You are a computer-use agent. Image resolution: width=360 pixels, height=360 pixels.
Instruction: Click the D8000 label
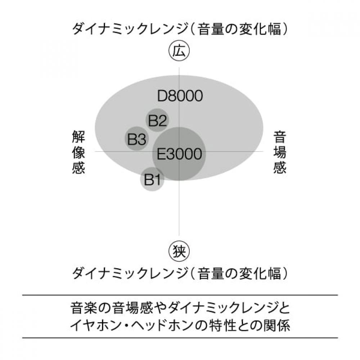(180, 96)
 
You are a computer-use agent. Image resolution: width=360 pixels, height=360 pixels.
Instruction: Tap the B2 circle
(157, 120)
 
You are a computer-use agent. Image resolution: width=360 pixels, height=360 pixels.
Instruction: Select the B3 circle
(136, 139)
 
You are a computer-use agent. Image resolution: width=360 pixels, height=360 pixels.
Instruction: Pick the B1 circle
(152, 179)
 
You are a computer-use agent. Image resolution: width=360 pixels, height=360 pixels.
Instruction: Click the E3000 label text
(179, 154)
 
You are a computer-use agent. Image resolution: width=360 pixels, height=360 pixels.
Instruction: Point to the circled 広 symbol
(179, 51)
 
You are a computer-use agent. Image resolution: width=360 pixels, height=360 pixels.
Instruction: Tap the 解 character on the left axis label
(78, 137)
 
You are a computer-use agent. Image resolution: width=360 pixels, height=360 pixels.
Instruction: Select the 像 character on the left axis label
(78, 152)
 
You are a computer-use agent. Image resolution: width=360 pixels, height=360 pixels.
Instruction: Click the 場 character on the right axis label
(280, 152)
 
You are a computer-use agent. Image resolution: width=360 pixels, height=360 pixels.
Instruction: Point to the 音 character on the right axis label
(280, 137)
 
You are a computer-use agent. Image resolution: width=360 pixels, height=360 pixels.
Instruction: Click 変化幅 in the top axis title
(260, 30)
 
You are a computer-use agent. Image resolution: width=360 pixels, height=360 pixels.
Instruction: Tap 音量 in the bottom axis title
(211, 274)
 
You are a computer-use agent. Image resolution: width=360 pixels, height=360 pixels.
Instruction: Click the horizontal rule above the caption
(180, 295)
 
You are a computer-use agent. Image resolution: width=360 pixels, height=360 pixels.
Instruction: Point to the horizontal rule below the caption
(180, 338)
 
